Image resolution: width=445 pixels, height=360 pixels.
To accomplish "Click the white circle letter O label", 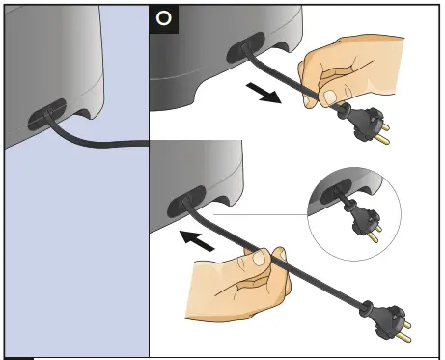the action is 164,18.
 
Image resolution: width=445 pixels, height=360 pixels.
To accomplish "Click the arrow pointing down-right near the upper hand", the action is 264,93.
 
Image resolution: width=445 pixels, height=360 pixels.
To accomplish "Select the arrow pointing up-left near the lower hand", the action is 196,240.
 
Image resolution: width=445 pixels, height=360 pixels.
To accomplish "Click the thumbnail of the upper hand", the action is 330,97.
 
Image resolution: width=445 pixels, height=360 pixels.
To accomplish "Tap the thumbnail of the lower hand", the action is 260,258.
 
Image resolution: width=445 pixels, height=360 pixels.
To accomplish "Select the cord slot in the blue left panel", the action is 47,114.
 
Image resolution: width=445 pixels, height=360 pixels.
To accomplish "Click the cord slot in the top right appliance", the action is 246,47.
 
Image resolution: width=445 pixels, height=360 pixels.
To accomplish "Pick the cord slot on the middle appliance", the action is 186,201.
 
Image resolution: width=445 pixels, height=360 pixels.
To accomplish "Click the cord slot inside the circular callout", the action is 336,191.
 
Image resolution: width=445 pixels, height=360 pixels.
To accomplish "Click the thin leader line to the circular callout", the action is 261,214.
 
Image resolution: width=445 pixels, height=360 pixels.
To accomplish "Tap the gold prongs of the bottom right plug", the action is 404,331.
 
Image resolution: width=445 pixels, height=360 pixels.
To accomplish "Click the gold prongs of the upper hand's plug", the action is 382,134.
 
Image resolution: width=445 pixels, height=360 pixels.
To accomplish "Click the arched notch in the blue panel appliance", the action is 84,113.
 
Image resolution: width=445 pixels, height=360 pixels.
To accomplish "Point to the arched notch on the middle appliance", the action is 224,200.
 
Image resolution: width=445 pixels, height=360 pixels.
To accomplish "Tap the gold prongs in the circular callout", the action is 375,235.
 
